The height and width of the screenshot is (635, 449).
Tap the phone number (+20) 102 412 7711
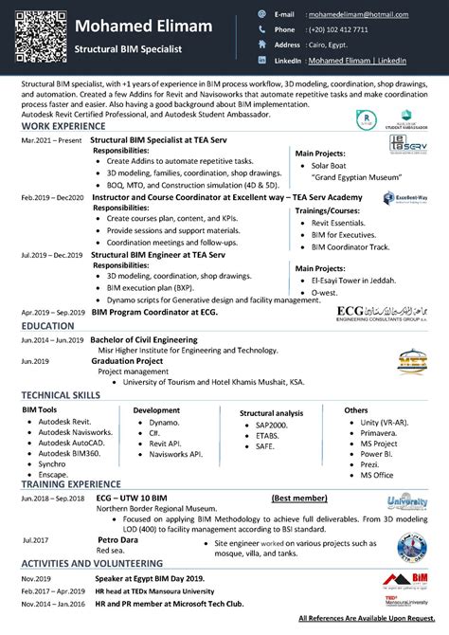[334, 29]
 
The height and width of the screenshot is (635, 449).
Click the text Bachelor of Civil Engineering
[144, 338]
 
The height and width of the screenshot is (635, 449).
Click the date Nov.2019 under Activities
[37, 578]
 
